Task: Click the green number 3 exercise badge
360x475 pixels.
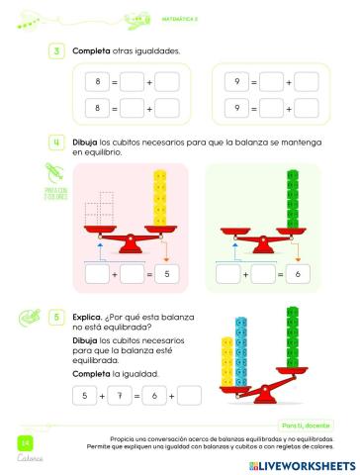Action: pos(58,50)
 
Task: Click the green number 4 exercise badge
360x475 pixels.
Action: pos(58,142)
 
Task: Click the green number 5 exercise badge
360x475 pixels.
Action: pos(58,317)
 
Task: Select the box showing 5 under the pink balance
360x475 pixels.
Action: pos(165,272)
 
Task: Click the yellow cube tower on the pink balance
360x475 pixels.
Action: pos(159,202)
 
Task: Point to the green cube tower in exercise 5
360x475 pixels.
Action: pos(292,340)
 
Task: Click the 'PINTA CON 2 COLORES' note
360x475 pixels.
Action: pos(54,192)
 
